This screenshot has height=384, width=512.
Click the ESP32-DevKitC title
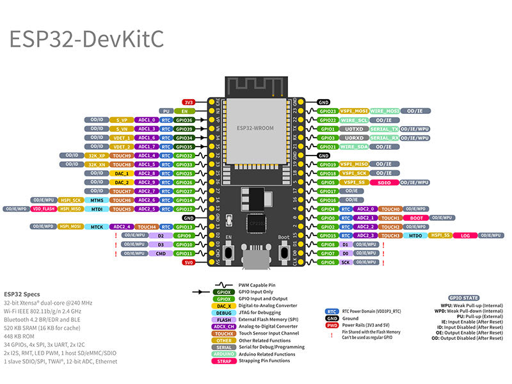[x=86, y=38]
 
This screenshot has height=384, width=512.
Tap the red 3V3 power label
[x=188, y=102]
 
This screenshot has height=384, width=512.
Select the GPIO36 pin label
[x=184, y=120]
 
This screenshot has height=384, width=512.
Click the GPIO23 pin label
[x=328, y=111]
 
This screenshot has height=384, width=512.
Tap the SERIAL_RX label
[x=385, y=138]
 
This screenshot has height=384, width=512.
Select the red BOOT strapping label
[x=417, y=218]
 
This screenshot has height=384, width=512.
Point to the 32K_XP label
[x=97, y=156]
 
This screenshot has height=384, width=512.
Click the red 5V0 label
[x=188, y=262]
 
